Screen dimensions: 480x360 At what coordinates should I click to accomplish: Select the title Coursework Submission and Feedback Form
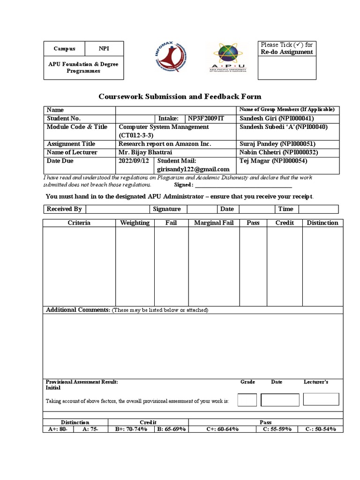click(180, 97)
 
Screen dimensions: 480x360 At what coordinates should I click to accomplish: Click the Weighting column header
click(135, 223)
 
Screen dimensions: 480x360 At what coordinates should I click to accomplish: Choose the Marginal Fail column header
click(213, 223)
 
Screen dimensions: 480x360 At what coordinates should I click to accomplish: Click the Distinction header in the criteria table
click(322, 223)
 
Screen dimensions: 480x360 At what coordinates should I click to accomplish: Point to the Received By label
click(64, 209)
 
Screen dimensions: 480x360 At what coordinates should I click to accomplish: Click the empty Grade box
click(247, 400)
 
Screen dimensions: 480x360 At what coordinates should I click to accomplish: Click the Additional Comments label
click(78, 310)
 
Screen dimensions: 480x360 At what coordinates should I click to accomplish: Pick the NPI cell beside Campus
click(104, 49)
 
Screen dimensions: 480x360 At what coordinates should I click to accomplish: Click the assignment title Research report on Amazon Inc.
click(165, 144)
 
